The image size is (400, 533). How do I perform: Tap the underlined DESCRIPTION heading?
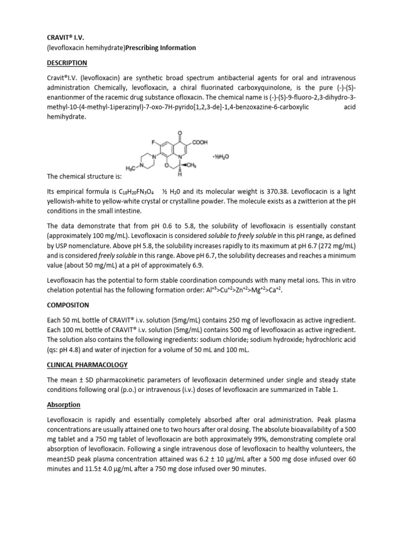pos(67,64)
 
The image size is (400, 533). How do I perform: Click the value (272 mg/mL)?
pos(328,246)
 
